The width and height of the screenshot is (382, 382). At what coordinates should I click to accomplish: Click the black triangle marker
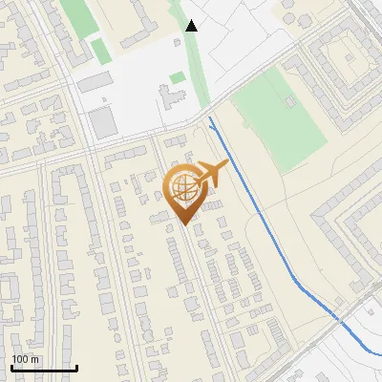tap(192, 26)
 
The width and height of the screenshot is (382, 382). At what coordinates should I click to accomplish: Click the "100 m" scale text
tap(25, 359)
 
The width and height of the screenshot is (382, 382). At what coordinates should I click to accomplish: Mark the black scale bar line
tap(44, 368)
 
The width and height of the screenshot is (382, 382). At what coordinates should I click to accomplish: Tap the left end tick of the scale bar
tap(11, 366)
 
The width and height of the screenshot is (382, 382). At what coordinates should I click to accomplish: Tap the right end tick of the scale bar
tap(76, 366)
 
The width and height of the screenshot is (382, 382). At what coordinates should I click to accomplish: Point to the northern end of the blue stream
tap(209, 117)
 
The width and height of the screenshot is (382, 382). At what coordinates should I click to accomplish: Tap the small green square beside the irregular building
tap(177, 77)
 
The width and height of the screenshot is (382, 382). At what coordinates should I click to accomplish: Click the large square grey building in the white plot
tap(101, 121)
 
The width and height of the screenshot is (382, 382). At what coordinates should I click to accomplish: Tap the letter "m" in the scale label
tap(35, 359)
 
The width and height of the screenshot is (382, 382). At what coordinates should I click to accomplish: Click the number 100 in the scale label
tap(20, 359)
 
